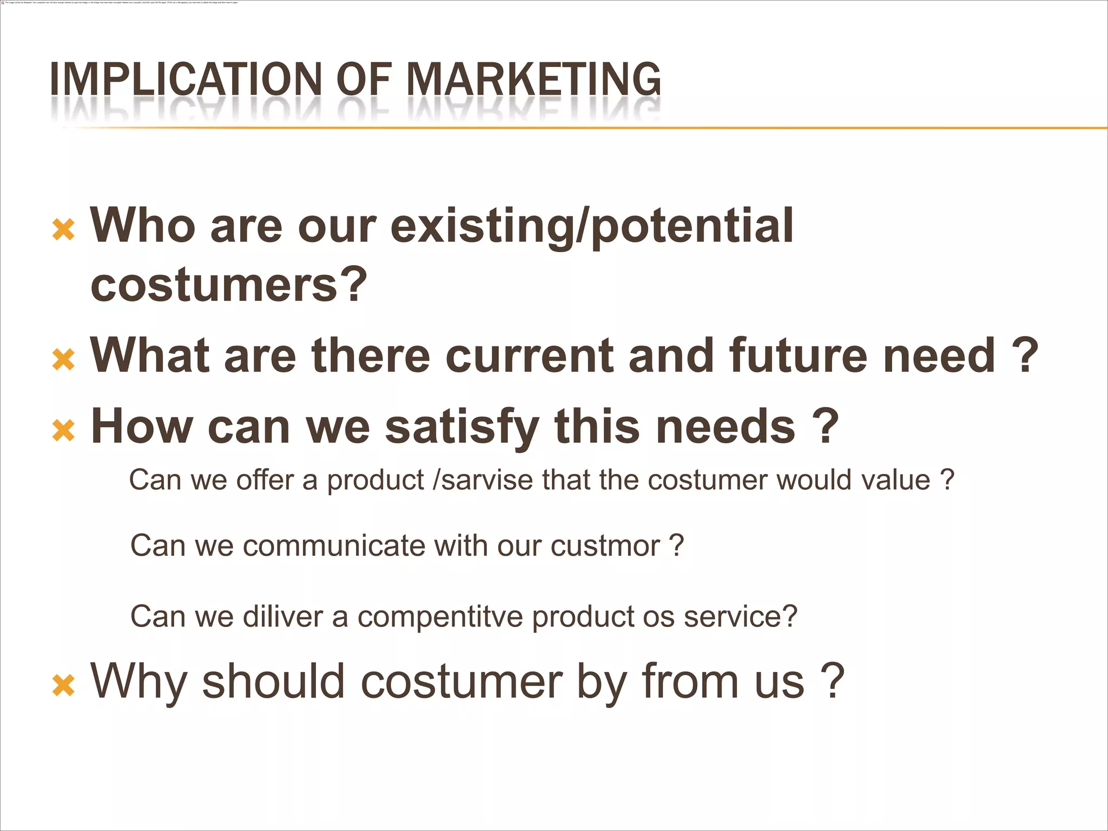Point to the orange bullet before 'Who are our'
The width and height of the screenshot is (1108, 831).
pyautogui.click(x=63, y=229)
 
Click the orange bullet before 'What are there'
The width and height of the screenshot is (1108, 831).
pyautogui.click(x=63, y=360)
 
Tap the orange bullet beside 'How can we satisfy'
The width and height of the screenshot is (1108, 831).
pyautogui.click(x=63, y=431)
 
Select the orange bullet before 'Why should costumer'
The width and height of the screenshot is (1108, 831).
pyautogui.click(x=63, y=685)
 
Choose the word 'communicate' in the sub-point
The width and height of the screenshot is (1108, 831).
pyautogui.click(x=334, y=545)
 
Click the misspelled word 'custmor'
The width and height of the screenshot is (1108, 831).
pyautogui.click(x=605, y=545)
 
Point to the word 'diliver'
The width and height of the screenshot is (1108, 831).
pyautogui.click(x=283, y=616)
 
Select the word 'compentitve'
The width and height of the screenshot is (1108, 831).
pyautogui.click(x=440, y=617)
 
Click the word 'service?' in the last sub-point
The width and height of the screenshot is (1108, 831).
pyautogui.click(x=741, y=616)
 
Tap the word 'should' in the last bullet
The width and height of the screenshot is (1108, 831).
pyautogui.click(x=273, y=681)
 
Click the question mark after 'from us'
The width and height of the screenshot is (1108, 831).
pyautogui.click(x=833, y=681)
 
